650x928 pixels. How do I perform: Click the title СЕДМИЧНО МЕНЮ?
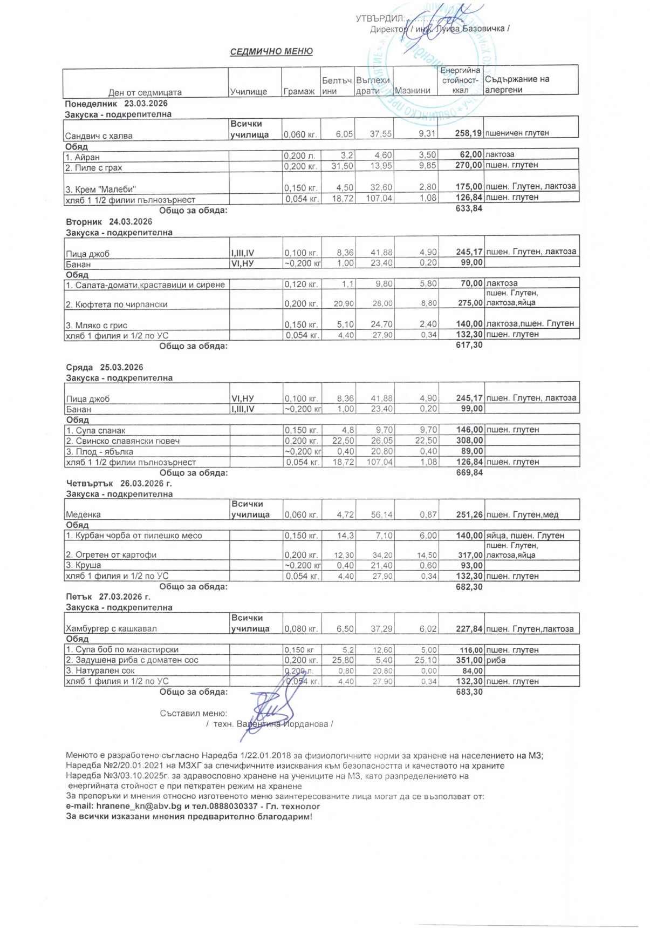[271, 52]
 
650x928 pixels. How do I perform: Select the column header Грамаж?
[299, 91]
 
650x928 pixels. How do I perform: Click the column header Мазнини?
[413, 91]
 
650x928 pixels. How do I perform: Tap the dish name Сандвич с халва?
[99, 136]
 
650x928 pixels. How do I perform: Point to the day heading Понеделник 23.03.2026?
[116, 104]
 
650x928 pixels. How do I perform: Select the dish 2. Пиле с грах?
[94, 168]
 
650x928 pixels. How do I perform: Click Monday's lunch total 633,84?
[469, 209]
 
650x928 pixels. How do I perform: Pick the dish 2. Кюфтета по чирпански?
[117, 304]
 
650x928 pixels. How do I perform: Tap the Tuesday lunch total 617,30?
[469, 345]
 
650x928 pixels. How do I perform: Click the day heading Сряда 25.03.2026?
[105, 368]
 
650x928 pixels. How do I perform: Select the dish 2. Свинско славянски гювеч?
[122, 441]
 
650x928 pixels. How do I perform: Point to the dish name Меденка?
[83, 515]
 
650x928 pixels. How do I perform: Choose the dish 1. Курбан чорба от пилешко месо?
[134, 536]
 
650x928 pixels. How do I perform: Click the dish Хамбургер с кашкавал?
[111, 629]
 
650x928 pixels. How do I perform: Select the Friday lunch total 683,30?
[469, 692]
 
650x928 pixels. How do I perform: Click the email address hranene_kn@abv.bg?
[138, 807]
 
